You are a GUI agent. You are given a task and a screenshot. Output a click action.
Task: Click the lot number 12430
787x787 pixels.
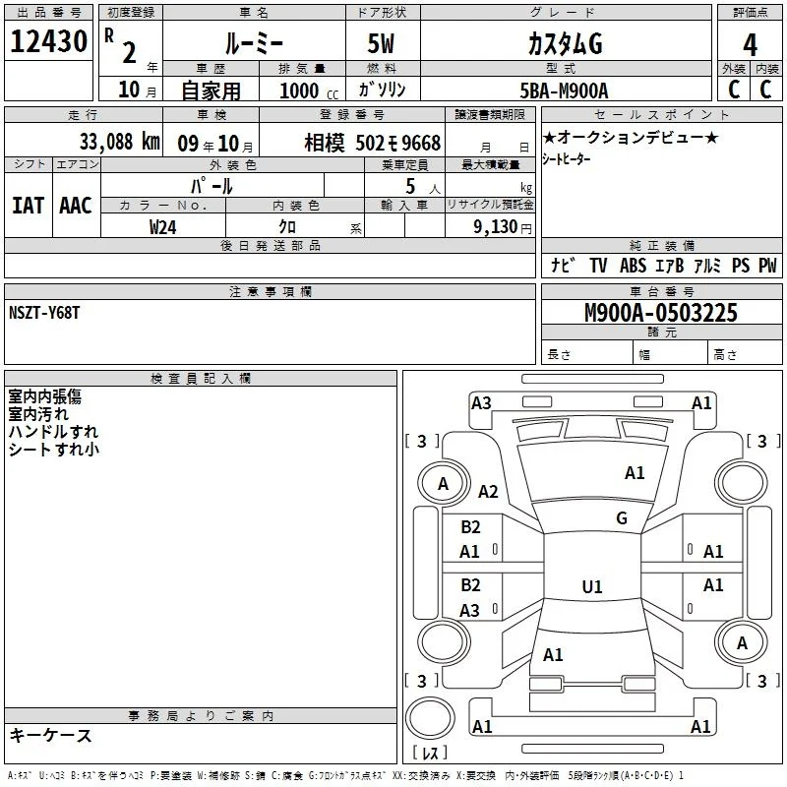[48, 41]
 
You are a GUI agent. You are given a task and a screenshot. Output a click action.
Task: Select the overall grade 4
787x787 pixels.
[750, 45]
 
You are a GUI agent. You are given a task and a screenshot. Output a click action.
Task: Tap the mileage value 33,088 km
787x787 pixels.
[120, 142]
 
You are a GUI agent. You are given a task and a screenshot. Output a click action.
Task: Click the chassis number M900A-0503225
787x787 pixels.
[661, 313]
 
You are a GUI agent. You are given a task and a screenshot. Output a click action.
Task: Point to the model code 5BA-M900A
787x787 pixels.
[564, 91]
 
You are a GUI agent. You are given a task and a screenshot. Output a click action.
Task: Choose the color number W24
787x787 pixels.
[162, 227]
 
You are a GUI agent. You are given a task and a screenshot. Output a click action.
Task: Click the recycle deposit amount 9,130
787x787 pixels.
[496, 227]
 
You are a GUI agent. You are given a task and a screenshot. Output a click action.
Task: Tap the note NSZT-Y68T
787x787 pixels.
[44, 313]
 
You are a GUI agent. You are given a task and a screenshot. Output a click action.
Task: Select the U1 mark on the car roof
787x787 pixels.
[592, 586]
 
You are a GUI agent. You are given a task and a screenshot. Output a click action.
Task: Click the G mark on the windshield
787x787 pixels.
[622, 518]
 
